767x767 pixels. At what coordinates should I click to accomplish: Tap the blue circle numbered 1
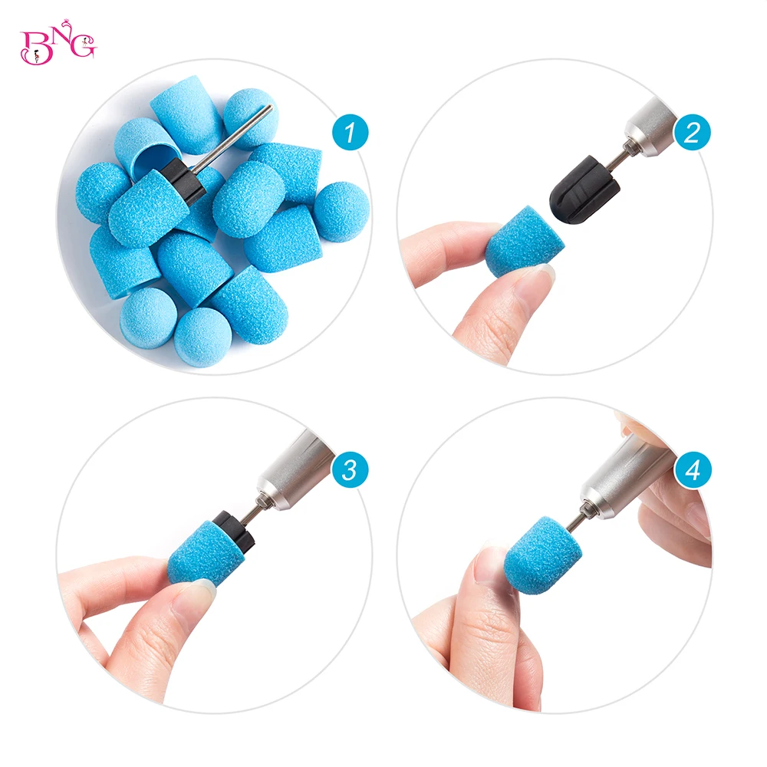(351, 132)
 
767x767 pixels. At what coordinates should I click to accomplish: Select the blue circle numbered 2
(692, 132)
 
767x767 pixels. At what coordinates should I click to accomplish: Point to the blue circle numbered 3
(351, 470)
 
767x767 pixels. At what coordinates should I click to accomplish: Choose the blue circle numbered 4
(693, 470)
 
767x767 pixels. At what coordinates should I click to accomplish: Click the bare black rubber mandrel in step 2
(584, 189)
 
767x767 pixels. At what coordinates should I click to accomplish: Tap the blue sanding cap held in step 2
(523, 242)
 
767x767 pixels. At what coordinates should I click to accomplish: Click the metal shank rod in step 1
(233, 138)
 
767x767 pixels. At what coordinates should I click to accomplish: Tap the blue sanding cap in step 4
(544, 555)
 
